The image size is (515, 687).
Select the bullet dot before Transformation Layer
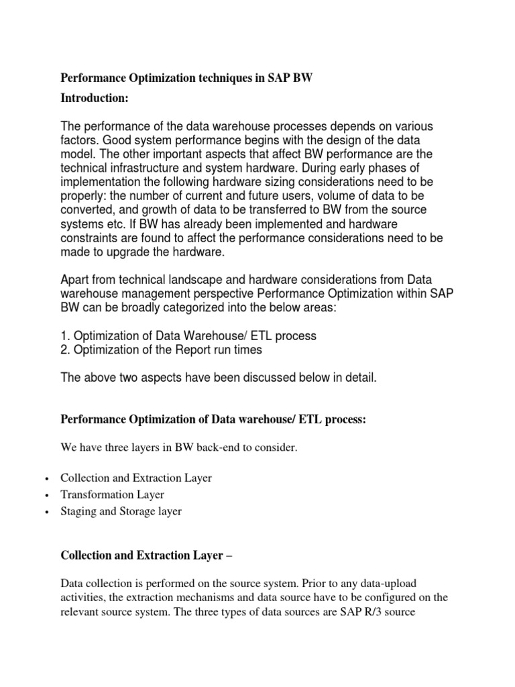pyautogui.click(x=45, y=495)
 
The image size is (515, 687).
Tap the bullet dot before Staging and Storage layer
pyautogui.click(x=45, y=512)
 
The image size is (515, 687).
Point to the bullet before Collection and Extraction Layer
pyautogui.click(x=45, y=479)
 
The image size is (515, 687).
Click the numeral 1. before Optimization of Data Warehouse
pyautogui.click(x=65, y=335)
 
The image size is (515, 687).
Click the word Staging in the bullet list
pyautogui.click(x=78, y=511)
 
